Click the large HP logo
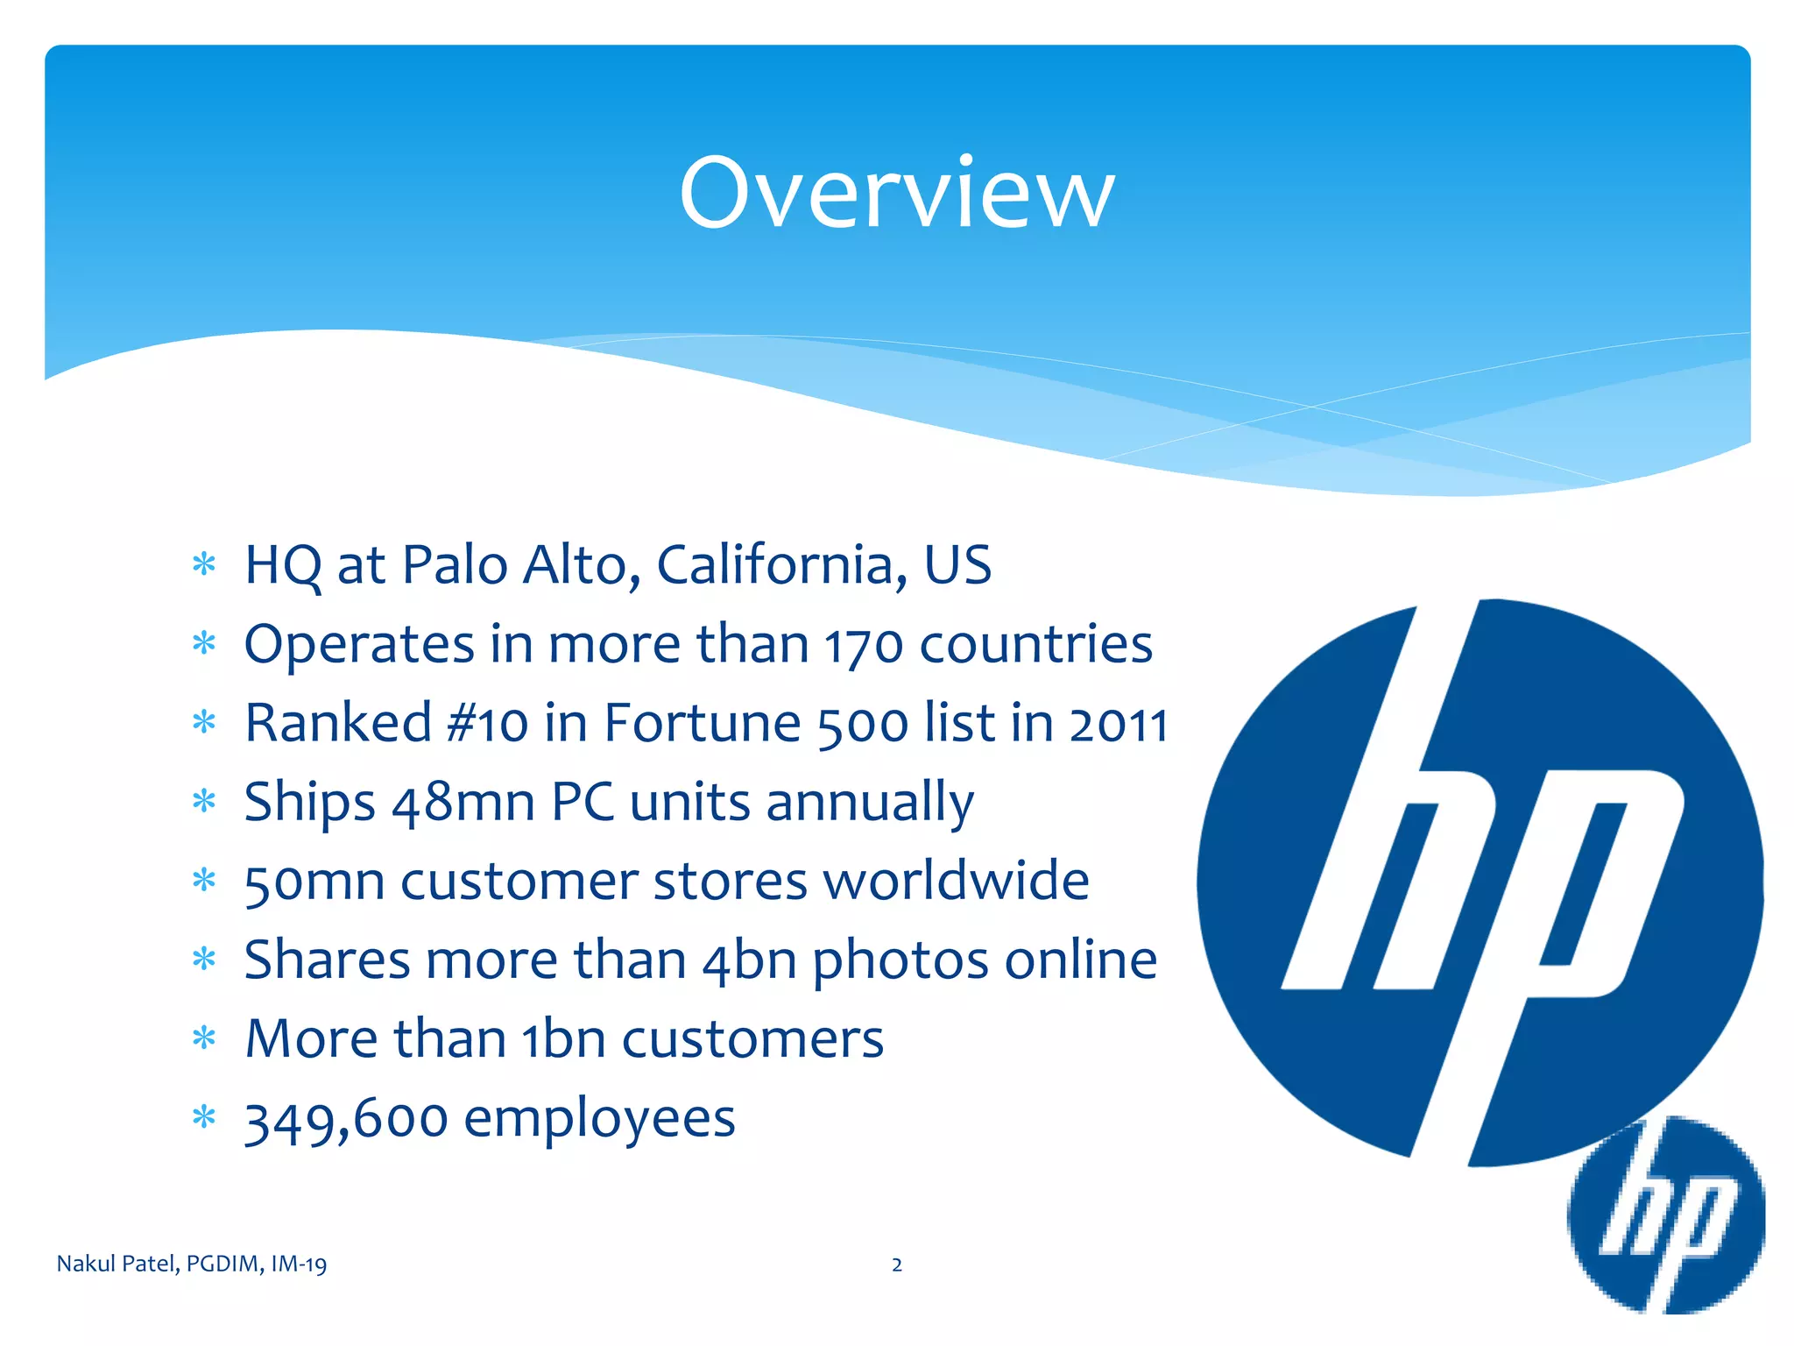pyautogui.click(x=1480, y=882)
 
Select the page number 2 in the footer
pyautogui.click(x=896, y=1265)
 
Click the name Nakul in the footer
pyautogui.click(x=85, y=1264)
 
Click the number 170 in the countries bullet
pyautogui.click(x=863, y=646)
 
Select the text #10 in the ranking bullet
pyautogui.click(x=486, y=724)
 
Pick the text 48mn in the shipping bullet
pyautogui.click(x=463, y=803)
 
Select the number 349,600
pyautogui.click(x=345, y=1120)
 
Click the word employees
pyautogui.click(x=599, y=1120)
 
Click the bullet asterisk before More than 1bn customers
pyautogui.click(x=204, y=1038)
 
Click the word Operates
pyautogui.click(x=358, y=646)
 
